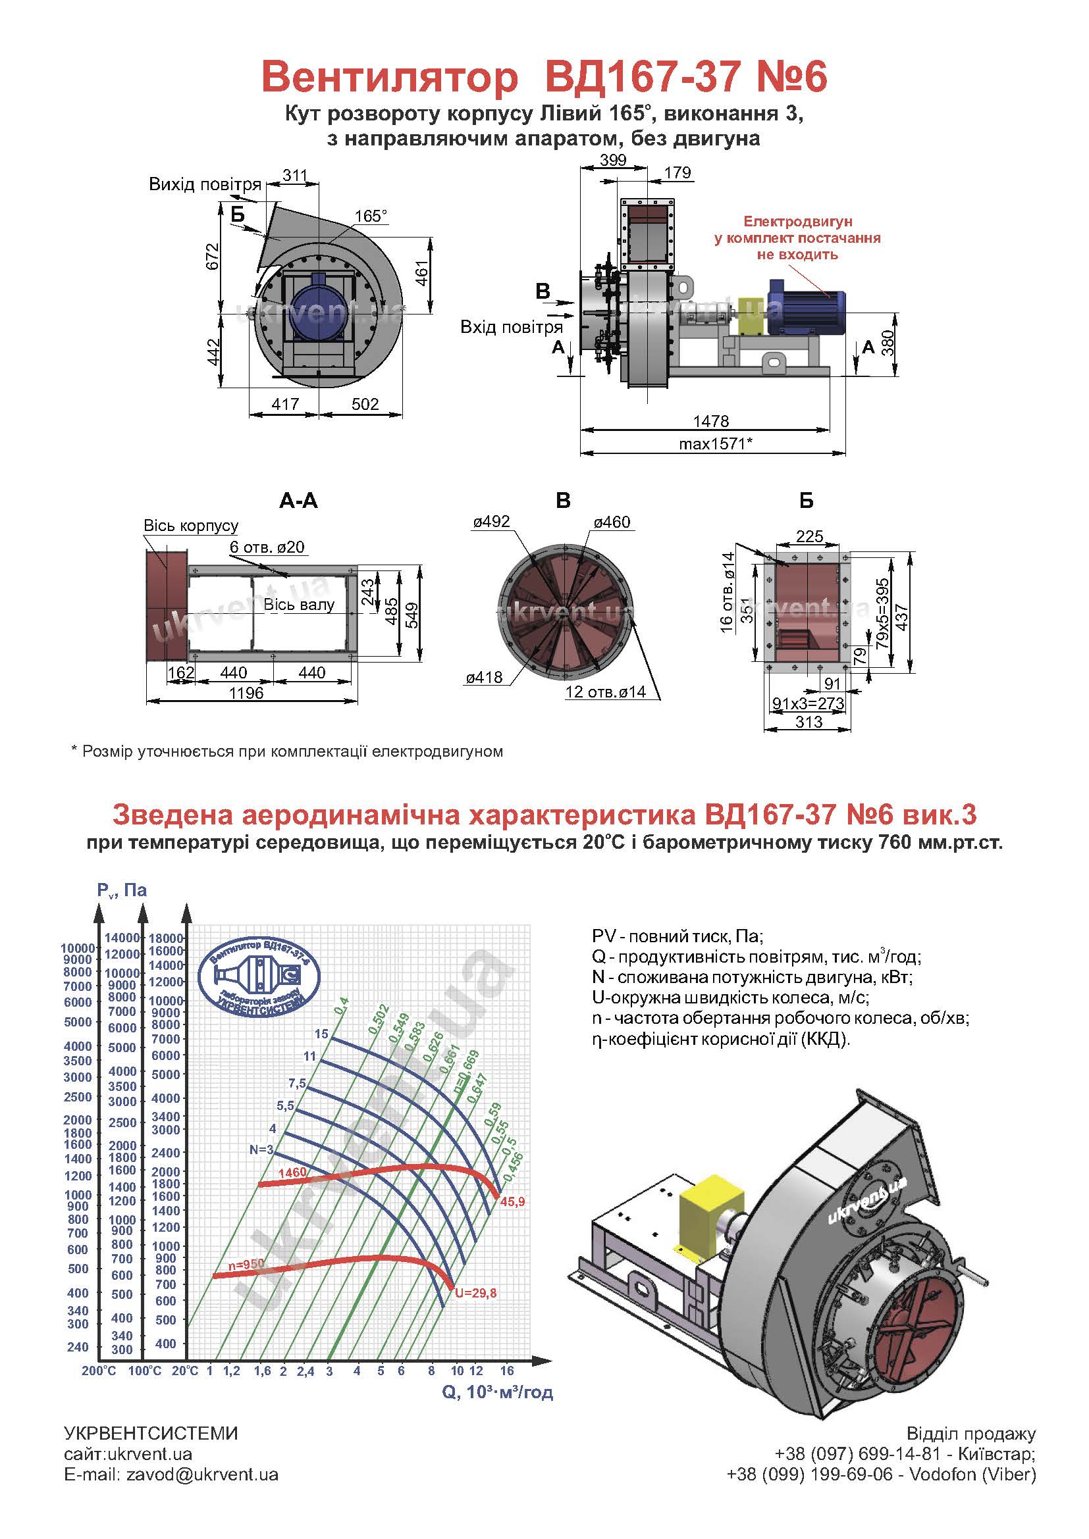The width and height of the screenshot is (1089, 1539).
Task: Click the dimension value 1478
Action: pos(711,421)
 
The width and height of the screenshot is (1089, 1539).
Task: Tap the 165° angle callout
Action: pos(371,216)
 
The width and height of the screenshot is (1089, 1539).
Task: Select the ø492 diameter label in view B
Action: pos(491,522)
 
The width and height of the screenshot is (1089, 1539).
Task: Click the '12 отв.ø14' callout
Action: pos(606,691)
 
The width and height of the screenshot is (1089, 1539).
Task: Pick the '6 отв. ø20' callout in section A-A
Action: pos(267,546)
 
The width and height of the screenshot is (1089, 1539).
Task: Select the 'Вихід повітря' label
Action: pos(205,184)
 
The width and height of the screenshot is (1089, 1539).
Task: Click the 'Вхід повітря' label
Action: pos(512,327)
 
